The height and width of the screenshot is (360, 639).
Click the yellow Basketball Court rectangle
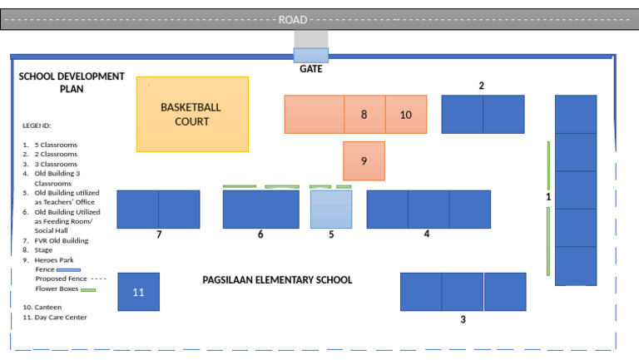coord(192,114)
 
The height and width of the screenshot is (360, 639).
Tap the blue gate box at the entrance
coord(311,55)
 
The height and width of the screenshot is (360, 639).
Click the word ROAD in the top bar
coord(293,19)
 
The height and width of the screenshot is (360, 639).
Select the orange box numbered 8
coord(364,115)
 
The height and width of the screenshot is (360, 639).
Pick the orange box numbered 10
coord(406,115)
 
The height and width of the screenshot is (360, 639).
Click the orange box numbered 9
coord(364,160)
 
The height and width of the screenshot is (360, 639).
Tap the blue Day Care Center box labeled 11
coord(138,292)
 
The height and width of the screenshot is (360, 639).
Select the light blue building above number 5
coord(331,209)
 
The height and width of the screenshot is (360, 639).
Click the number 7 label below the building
coord(159,235)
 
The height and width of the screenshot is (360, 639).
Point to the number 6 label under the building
coord(260,235)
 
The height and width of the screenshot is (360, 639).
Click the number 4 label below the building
coord(427,234)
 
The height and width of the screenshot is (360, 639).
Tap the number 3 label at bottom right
coord(463,319)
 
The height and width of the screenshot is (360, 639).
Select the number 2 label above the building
coord(481,86)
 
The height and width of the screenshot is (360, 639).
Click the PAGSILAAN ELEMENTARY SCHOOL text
coord(277,280)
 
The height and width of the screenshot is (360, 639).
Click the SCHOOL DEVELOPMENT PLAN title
coord(72,82)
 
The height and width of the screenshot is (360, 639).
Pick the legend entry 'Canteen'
coord(47,307)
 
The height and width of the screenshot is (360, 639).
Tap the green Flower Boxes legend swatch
coord(87,290)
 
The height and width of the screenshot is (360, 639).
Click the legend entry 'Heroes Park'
coord(55,259)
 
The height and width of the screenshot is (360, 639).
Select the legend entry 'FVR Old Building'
coord(61,240)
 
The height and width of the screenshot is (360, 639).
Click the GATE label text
coord(311,70)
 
